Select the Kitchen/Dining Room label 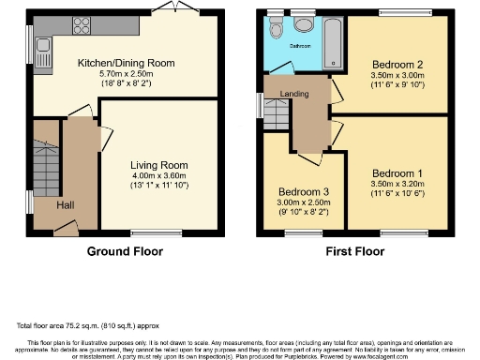click(x=127, y=63)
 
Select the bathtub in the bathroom click(x=332, y=43)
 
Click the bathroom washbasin click(x=303, y=26)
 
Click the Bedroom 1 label click(x=396, y=173)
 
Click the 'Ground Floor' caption click(x=125, y=251)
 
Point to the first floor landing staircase click(x=273, y=115)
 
